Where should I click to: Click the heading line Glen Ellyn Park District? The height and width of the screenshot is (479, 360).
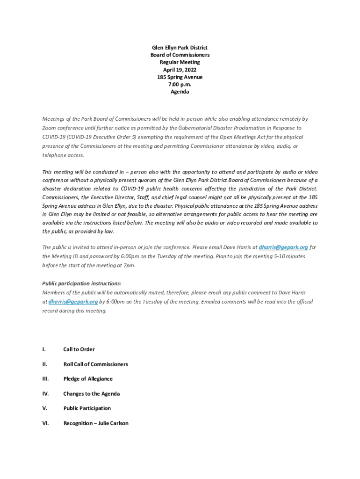tap(180, 48)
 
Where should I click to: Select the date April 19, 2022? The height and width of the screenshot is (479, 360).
tap(180, 70)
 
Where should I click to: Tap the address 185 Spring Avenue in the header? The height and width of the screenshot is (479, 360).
tap(180, 77)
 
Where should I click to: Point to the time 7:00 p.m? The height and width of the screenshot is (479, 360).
tap(180, 85)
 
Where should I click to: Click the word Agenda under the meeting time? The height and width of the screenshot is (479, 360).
tap(180, 92)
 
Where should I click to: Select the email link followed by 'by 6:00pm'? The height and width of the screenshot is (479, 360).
tap(73, 302)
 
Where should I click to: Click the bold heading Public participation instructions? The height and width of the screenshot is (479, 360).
tap(82, 283)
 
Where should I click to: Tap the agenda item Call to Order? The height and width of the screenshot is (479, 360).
tap(79, 349)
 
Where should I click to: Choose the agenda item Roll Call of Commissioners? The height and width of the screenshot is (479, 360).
tap(95, 364)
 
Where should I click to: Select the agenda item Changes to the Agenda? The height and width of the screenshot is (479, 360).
tap(92, 394)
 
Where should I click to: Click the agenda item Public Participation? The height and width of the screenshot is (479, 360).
tap(87, 408)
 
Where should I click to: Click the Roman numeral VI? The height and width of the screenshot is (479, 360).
tap(45, 423)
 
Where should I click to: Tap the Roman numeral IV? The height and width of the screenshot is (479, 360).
tap(45, 394)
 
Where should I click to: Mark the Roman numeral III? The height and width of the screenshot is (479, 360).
tap(45, 379)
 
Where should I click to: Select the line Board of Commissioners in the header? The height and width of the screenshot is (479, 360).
tap(180, 55)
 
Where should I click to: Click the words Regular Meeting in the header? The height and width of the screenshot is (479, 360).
tap(180, 62)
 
